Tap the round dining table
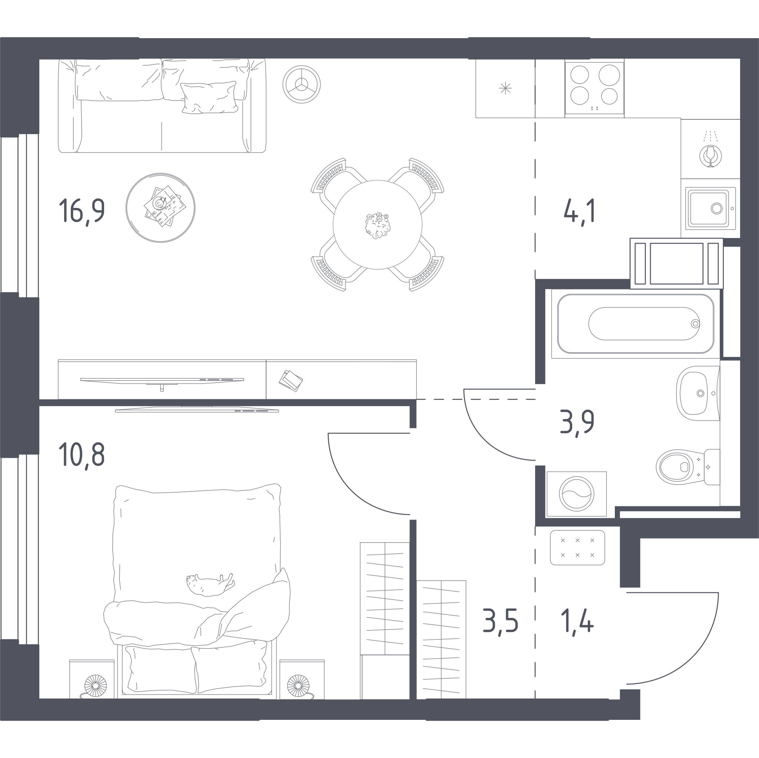[378, 225]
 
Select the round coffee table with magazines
[160, 208]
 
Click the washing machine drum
[577, 494]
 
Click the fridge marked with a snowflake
[505, 89]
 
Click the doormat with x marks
[577, 548]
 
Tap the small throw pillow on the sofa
[209, 97]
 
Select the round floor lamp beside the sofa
[301, 85]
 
